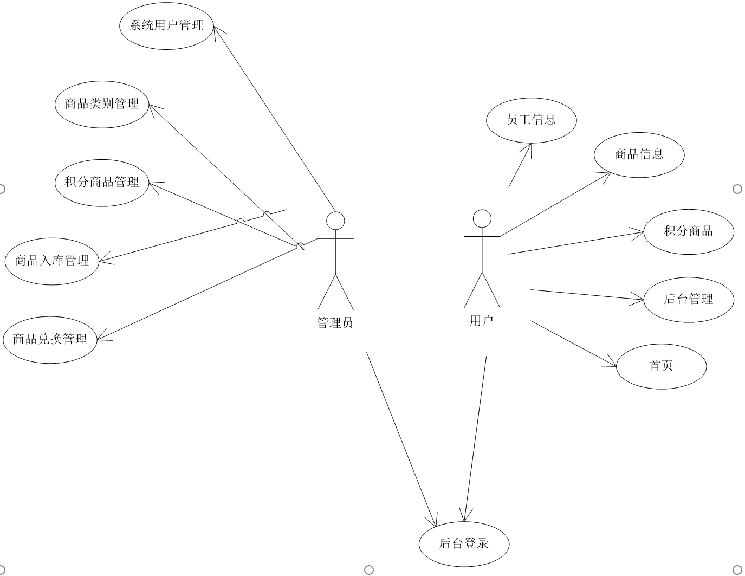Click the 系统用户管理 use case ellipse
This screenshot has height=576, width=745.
pyautogui.click(x=166, y=25)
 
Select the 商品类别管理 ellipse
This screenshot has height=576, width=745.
pyautogui.click(x=102, y=104)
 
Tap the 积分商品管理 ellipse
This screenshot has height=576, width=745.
pyautogui.click(x=102, y=183)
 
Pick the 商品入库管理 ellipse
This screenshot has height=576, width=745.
pyautogui.click(x=52, y=261)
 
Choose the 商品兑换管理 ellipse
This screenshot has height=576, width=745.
pyautogui.click(x=50, y=340)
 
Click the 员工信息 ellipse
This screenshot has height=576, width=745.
pyautogui.click(x=531, y=120)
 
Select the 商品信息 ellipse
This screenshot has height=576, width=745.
pyautogui.click(x=639, y=154)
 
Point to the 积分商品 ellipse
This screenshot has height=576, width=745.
pyautogui.click(x=688, y=231)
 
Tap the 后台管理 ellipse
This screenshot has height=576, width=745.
pyautogui.click(x=688, y=299)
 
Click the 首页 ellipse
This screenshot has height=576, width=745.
pyautogui.click(x=661, y=366)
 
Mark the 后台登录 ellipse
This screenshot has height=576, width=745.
pyautogui.click(x=464, y=543)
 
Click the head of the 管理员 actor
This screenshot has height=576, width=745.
pyautogui.click(x=335, y=221)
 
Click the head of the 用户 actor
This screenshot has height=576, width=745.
pyautogui.click(x=482, y=218)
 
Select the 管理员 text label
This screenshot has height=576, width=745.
pyautogui.click(x=335, y=323)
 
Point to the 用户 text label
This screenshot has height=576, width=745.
pyautogui.click(x=481, y=321)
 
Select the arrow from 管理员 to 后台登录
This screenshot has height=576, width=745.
pyautogui.click(x=401, y=439)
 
